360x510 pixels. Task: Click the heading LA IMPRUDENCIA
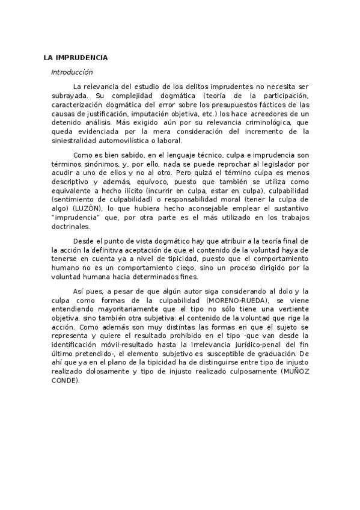click(x=75, y=58)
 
